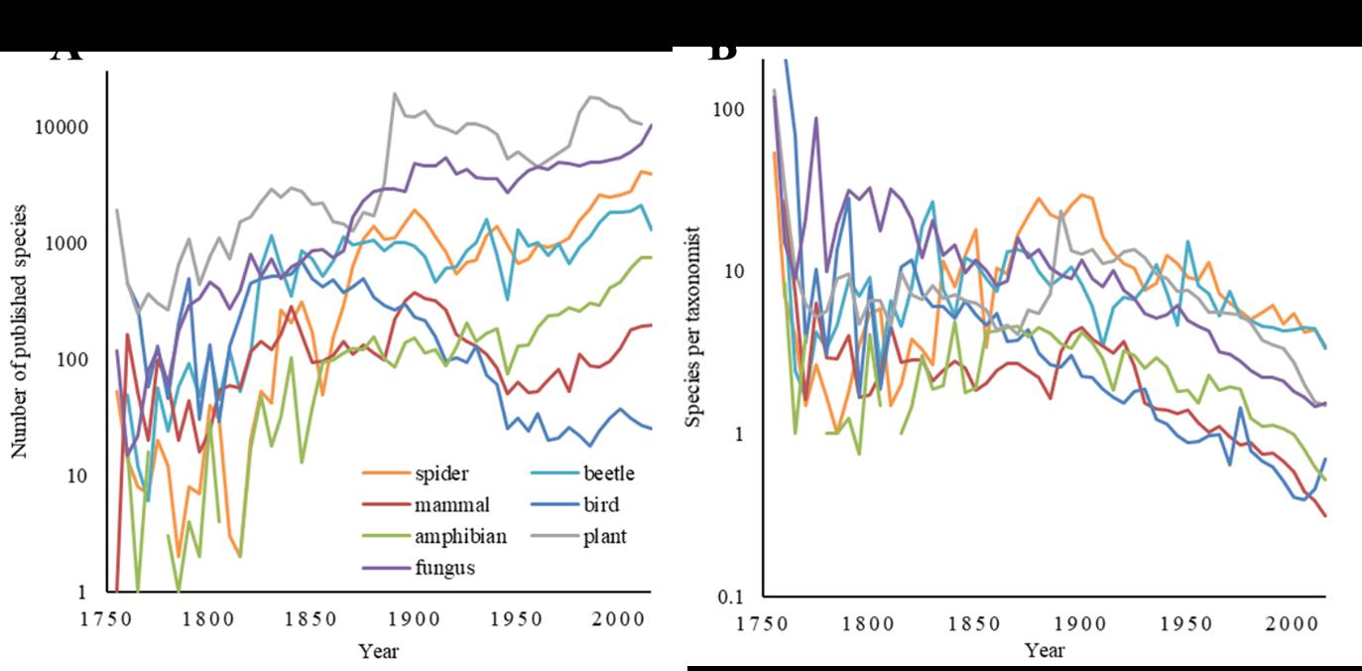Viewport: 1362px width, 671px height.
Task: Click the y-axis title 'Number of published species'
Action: pos(19,330)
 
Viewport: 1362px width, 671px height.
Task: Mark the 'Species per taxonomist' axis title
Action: pos(693,327)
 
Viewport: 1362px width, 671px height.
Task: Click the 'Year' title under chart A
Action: pos(380,652)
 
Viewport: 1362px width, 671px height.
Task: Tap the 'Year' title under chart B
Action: pos(1045,651)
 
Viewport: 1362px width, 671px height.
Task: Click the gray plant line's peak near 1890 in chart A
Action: pos(395,93)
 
